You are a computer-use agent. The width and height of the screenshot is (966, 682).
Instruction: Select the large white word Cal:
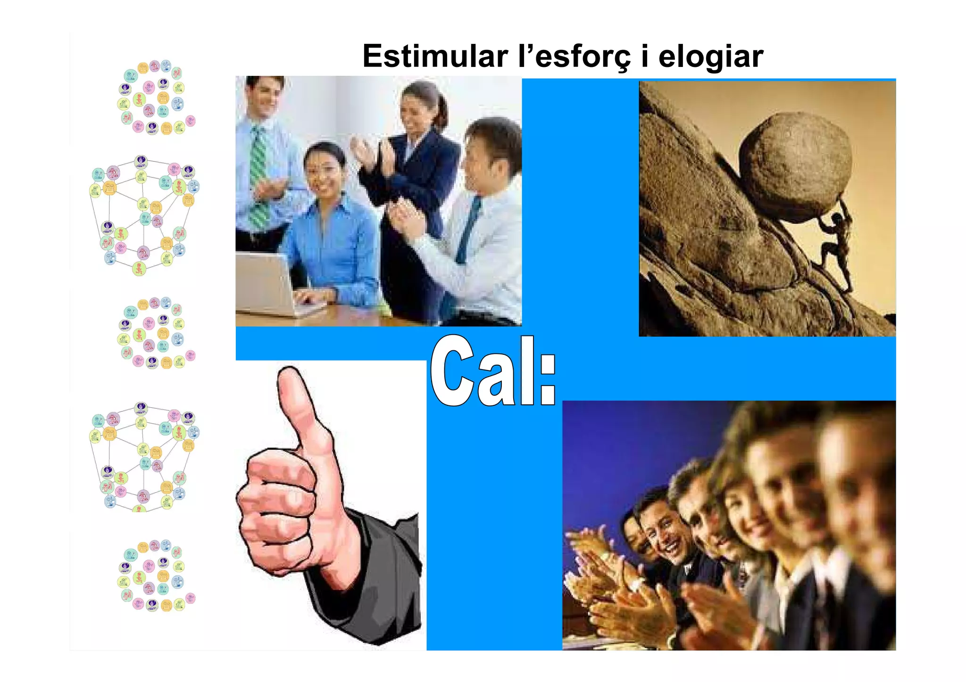pyautogui.click(x=493, y=372)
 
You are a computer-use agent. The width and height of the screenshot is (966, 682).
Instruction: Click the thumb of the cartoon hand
pyautogui.click(x=302, y=415)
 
